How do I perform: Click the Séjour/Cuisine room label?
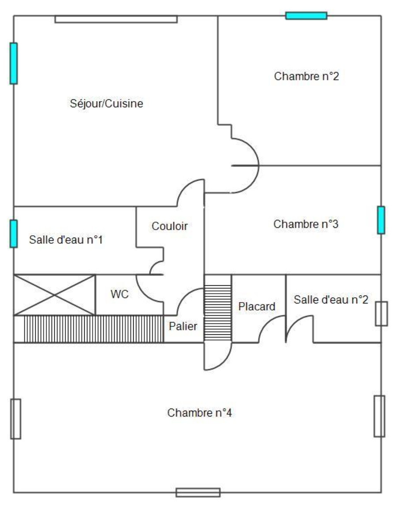tap(106, 104)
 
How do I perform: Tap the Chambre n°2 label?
tap(306, 76)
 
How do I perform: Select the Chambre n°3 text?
tap(306, 224)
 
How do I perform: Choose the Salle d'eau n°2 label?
tap(331, 299)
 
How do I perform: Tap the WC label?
tap(120, 295)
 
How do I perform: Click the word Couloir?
tap(170, 226)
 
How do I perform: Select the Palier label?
tap(183, 326)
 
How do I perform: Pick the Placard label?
tap(257, 306)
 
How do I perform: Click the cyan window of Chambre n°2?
tap(306, 16)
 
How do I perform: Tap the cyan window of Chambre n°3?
tap(381, 220)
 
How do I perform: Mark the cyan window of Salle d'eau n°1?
tap(14, 234)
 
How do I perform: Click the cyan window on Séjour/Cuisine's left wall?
tap(14, 63)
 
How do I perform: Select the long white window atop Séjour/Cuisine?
tap(116, 19)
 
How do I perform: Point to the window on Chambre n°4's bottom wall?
tap(198, 492)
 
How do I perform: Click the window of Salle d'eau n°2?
tap(381, 314)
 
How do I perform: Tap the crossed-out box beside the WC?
tap(54, 295)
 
